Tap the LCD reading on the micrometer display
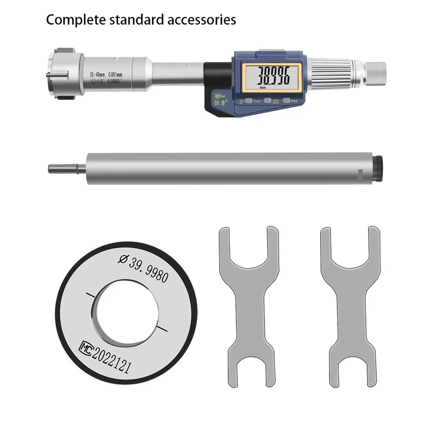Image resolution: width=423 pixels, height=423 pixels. point(269,76)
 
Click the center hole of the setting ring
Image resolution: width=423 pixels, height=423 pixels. point(126,311)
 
